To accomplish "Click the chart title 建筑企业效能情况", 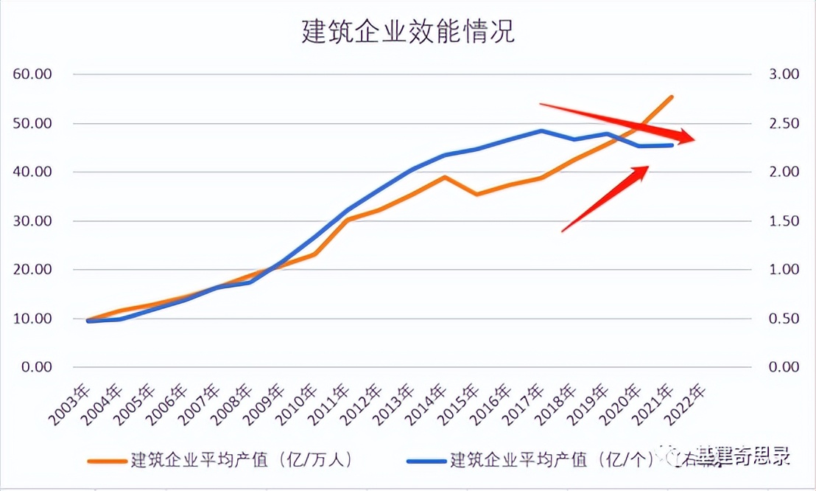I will tap(407, 32).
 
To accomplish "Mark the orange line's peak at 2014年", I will tap(444, 177).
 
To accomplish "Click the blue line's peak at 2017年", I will tap(541, 130).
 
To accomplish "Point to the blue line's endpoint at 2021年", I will tap(672, 145).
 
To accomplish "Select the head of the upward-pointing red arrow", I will tap(644, 170).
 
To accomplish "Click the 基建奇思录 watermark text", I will tap(744, 457).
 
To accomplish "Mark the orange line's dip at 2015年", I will tap(476, 195).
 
